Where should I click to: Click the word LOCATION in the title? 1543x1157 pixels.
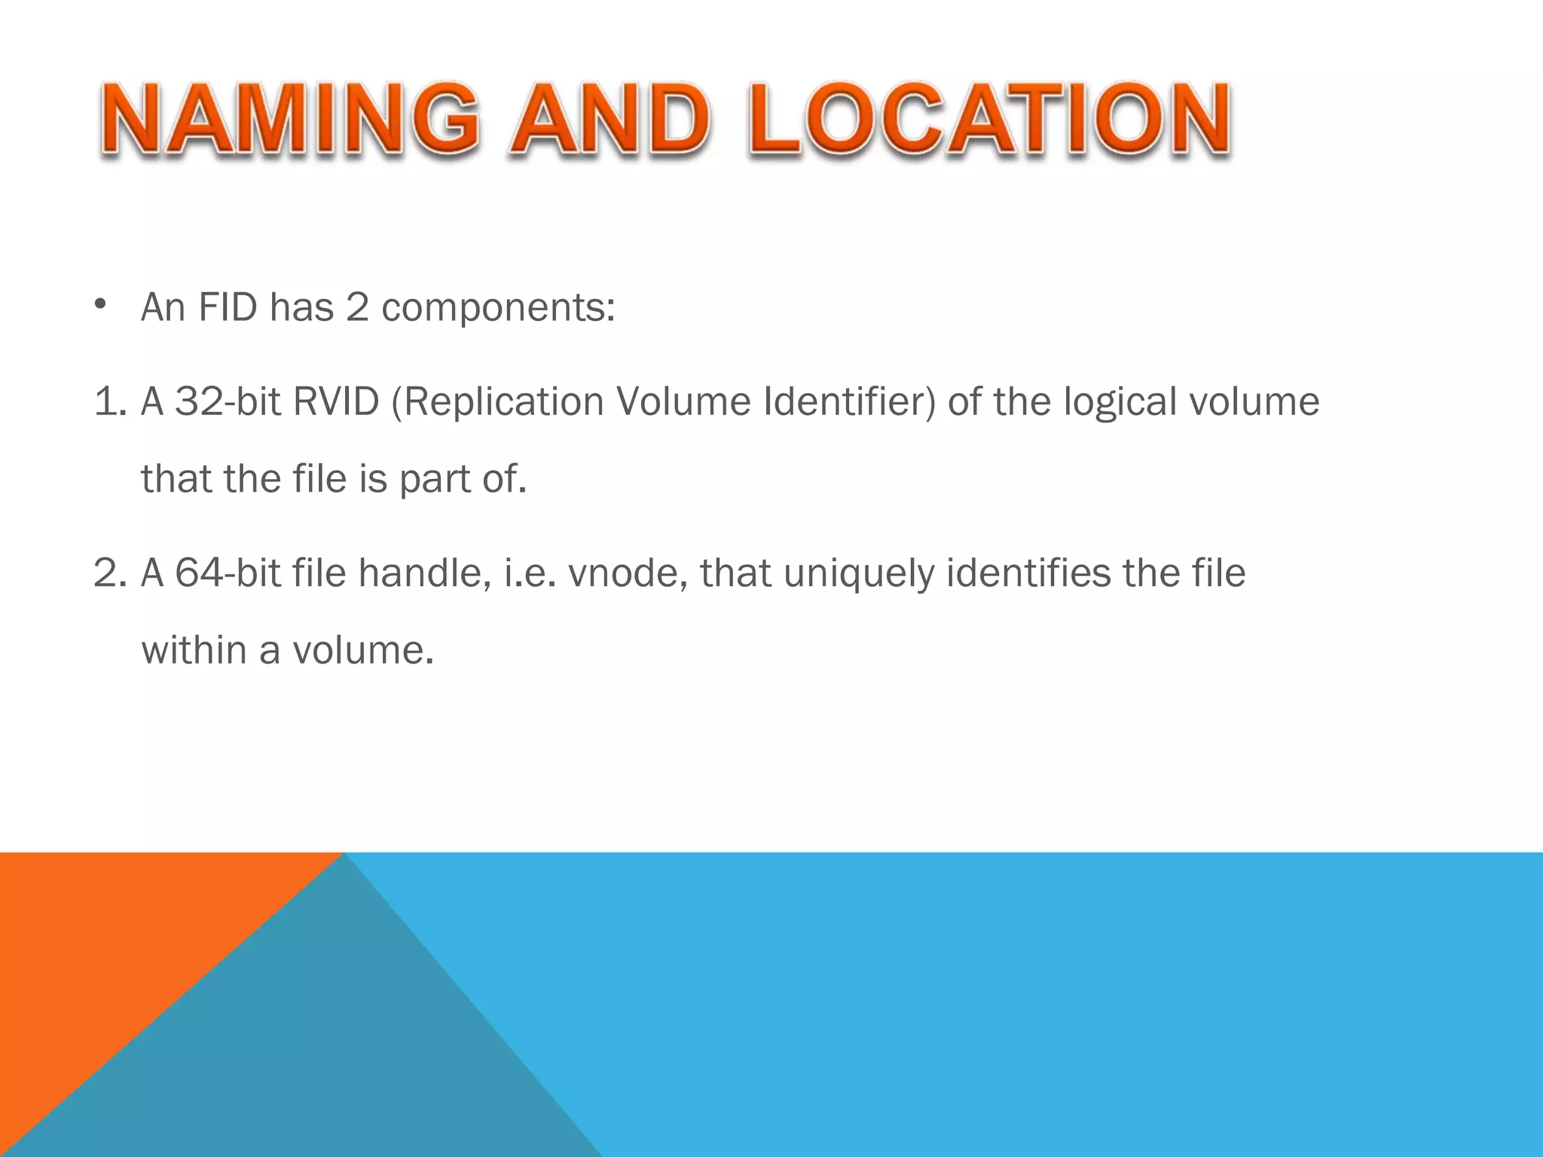click(989, 119)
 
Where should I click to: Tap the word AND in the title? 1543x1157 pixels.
click(610, 119)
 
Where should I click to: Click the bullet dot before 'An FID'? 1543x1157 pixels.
click(100, 305)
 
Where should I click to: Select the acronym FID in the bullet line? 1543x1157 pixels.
click(228, 307)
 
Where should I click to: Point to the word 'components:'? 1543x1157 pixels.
click(498, 307)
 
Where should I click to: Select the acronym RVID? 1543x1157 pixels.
click(336, 401)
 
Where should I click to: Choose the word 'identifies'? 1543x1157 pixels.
click(1028, 573)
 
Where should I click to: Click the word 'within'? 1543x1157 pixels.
click(194, 650)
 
